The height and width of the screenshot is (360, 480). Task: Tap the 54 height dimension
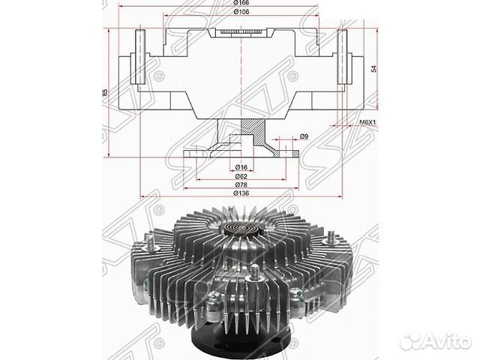tap(373, 68)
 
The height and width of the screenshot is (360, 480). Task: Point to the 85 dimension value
tap(106, 92)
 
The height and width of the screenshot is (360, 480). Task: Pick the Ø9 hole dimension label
tap(304, 137)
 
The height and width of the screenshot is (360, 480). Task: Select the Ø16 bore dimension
tap(240, 166)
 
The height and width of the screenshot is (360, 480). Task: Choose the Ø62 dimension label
tap(240, 175)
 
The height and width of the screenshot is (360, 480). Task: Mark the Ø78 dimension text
tap(240, 184)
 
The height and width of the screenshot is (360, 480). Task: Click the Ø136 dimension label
tap(240, 193)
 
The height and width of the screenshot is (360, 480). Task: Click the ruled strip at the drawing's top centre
tap(241, 32)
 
